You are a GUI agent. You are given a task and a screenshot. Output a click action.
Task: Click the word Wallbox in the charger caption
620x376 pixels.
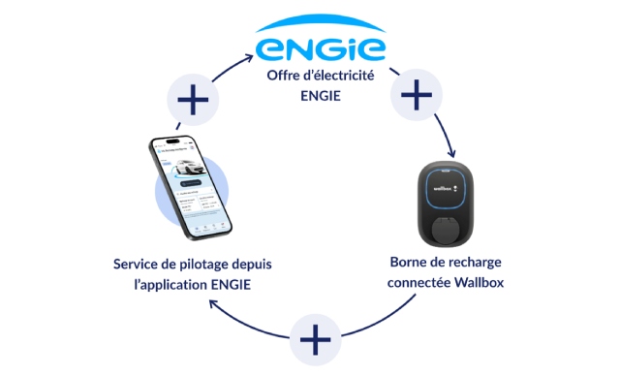481,283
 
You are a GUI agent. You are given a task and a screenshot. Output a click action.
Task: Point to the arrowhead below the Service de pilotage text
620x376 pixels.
216,306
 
